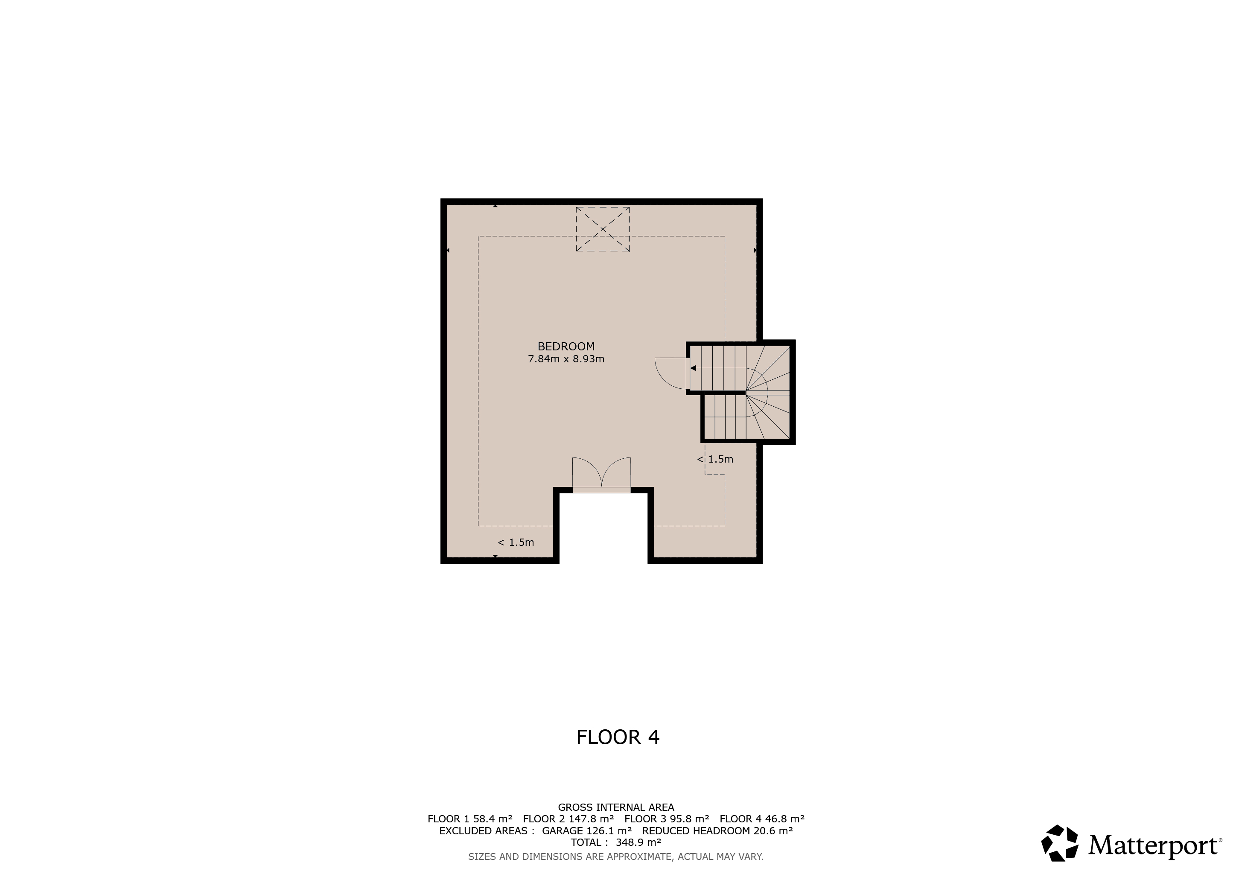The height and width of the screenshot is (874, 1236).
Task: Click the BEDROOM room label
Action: pos(566,347)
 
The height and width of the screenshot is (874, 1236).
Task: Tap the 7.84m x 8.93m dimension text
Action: pos(566,359)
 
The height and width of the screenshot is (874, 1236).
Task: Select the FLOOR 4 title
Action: pos(618,737)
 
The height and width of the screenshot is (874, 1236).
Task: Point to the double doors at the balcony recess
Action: pos(601,474)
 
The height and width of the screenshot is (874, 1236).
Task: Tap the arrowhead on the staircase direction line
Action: pos(694,368)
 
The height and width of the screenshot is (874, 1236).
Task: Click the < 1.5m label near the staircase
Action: pos(715,459)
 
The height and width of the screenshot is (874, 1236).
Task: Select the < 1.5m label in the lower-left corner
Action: pos(516,542)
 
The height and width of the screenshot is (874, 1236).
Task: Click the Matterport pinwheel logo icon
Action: pos(1059,843)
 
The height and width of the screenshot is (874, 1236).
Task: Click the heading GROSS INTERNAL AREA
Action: pos(616,807)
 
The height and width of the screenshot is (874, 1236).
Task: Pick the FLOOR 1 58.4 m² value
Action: pos(470,819)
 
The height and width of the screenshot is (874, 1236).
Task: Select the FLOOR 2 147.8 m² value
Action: pos(568,819)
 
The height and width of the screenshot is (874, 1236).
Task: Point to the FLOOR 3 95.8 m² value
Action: pos(667,819)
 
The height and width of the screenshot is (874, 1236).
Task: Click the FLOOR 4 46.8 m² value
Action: pos(762,819)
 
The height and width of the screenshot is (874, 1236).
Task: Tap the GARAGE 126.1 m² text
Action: pos(587,830)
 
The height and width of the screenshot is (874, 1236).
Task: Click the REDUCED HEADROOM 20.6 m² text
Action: pos(717,830)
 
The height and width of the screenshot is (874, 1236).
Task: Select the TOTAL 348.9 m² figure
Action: pos(616,842)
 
